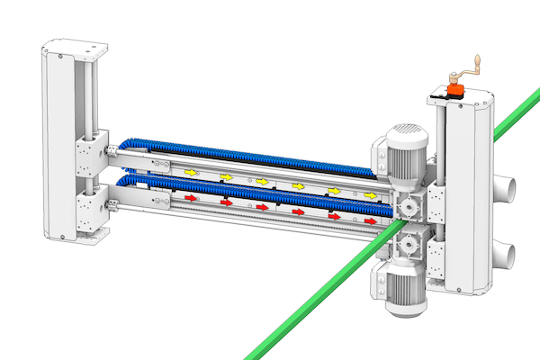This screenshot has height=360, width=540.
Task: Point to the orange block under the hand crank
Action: pyautogui.click(x=454, y=90)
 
